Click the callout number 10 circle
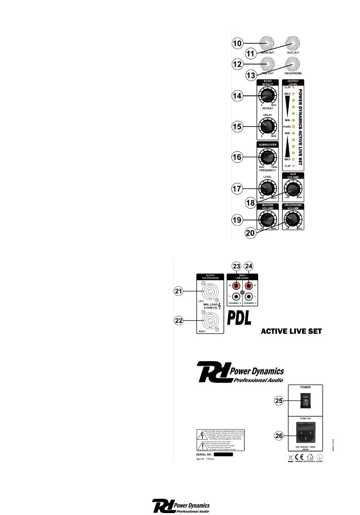(x=237, y=43)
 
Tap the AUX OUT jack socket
(x=293, y=44)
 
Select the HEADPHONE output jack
(x=293, y=64)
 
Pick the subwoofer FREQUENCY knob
(x=267, y=157)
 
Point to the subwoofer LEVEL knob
(x=267, y=188)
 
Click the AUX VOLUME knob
(x=293, y=188)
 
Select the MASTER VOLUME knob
(x=267, y=219)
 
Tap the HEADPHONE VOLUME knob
(x=293, y=219)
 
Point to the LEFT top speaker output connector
(x=210, y=292)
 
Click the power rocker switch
(x=305, y=400)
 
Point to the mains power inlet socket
(x=305, y=435)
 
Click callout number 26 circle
(x=279, y=435)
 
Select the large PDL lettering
(x=239, y=318)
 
